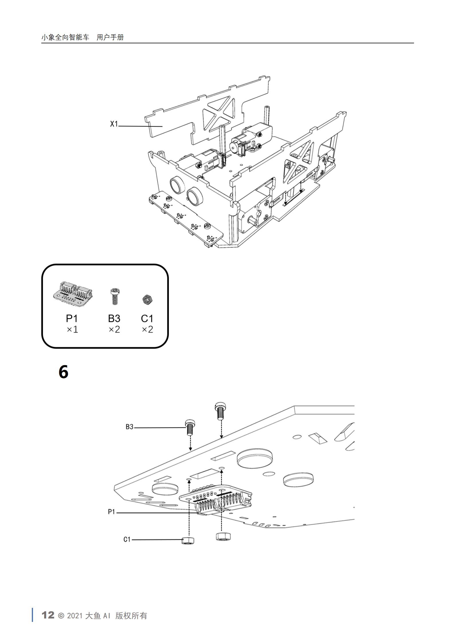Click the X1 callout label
point(114,124)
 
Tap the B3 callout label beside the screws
point(129,427)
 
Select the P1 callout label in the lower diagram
point(111,511)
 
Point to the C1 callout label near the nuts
point(127,539)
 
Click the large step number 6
point(63,372)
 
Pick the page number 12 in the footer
point(48,615)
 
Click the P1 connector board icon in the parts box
point(73,294)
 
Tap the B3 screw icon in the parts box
point(115,297)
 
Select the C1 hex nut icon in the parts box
point(147,299)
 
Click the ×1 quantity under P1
point(72,329)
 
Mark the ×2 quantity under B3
point(114,329)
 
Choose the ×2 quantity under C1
point(147,329)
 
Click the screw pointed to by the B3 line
point(190,427)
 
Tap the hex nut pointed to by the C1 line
point(188,540)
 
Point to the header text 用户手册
point(110,37)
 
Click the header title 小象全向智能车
point(65,37)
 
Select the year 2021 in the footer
point(75,616)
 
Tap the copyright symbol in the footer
point(61,616)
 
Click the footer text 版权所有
point(131,616)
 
